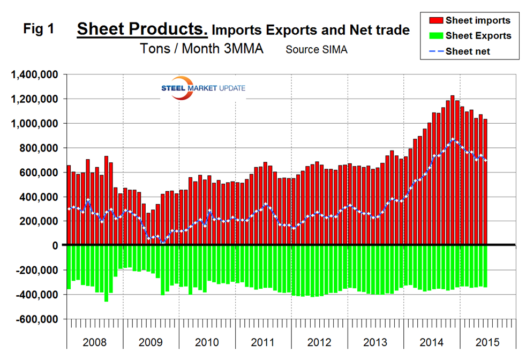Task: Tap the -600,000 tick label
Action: [35, 319]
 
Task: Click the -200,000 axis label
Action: [35, 270]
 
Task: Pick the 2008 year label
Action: [95, 342]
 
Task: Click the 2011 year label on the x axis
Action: [263, 342]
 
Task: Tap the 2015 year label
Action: [487, 342]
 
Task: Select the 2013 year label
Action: [375, 342]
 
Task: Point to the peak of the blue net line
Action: [453, 139]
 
